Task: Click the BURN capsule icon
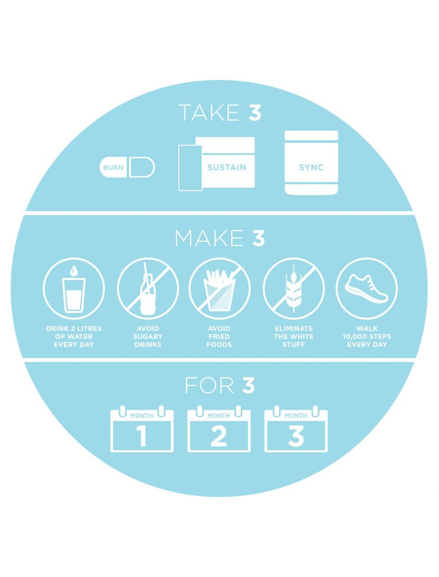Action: pyautogui.click(x=127, y=167)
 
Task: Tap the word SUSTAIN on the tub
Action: pyautogui.click(x=227, y=167)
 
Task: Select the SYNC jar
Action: pyautogui.click(x=311, y=163)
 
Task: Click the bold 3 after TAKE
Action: pyautogui.click(x=255, y=113)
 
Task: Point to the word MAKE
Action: pyautogui.click(x=209, y=238)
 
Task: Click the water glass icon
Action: pyautogui.click(x=74, y=288)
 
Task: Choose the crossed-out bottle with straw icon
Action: pyautogui.click(x=148, y=288)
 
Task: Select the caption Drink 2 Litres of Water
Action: pyautogui.click(x=74, y=336)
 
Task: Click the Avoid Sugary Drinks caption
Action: pyautogui.click(x=148, y=336)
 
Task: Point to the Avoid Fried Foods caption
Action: pyautogui.click(x=219, y=336)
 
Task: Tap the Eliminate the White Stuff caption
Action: pyautogui.click(x=294, y=336)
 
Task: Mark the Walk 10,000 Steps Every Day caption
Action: pyautogui.click(x=367, y=336)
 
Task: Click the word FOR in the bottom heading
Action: pyautogui.click(x=210, y=386)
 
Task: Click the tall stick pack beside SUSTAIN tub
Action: pyautogui.click(x=190, y=167)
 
